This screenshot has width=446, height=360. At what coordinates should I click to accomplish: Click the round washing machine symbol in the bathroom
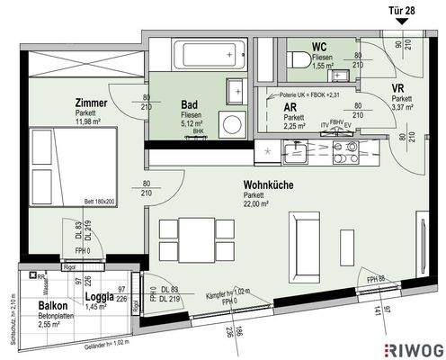[x=233, y=124]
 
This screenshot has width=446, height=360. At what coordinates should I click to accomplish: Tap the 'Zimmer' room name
[x=94, y=104]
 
